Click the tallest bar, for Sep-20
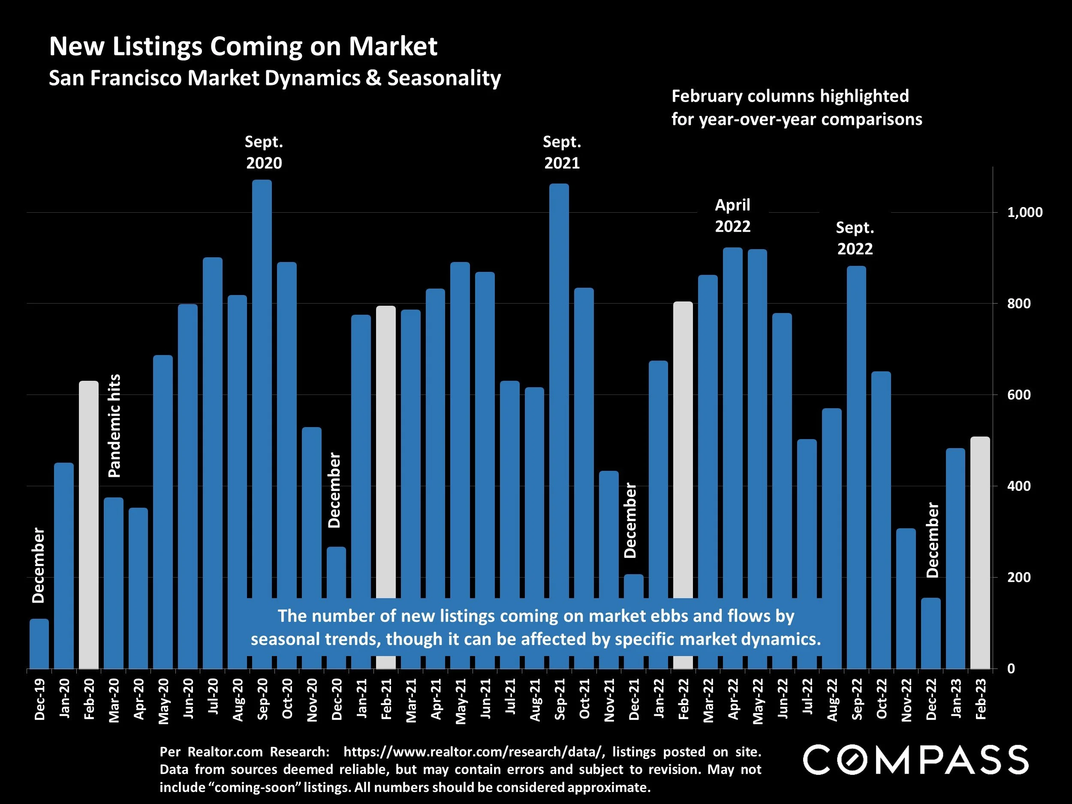click(x=262, y=388)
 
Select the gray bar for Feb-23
click(x=980, y=552)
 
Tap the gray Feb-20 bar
click(x=89, y=524)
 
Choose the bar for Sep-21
click(x=559, y=388)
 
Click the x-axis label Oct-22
click(x=882, y=699)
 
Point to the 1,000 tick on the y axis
click(x=1024, y=212)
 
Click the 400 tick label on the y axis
click(x=1019, y=486)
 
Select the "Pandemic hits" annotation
click(x=114, y=425)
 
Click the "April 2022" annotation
click(x=732, y=216)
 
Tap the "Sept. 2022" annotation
click(x=855, y=238)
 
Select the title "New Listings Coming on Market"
click(x=243, y=46)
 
